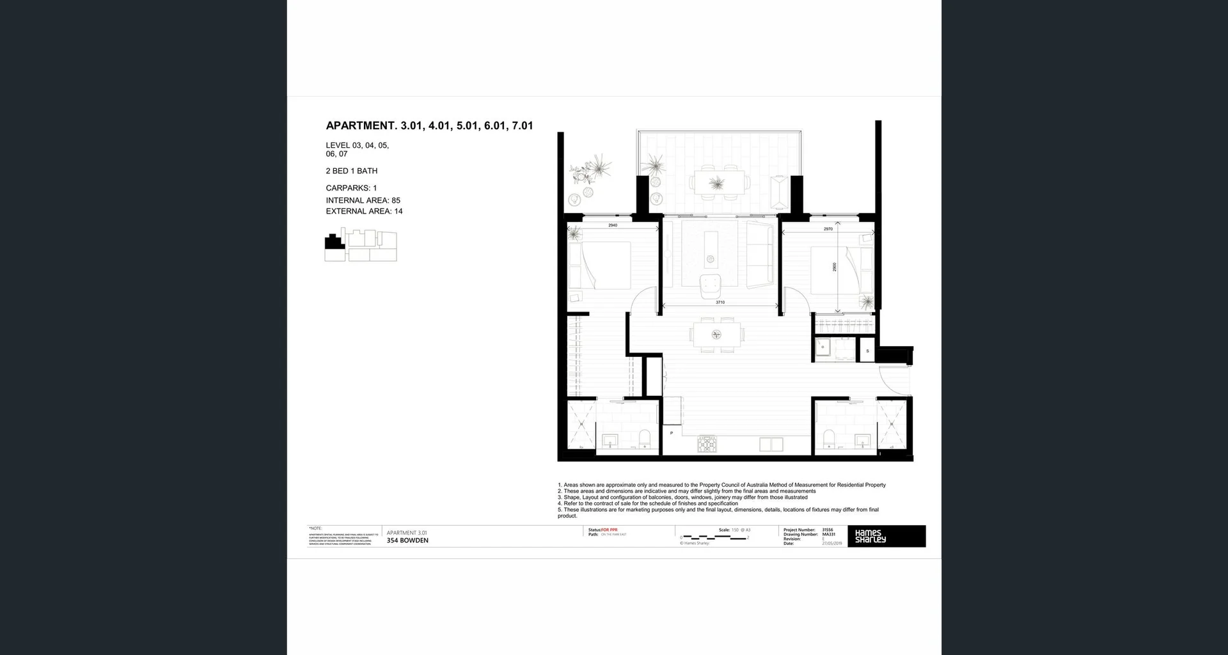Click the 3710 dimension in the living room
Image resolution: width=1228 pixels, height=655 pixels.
coord(720,302)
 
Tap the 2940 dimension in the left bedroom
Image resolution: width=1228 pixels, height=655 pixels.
coord(612,225)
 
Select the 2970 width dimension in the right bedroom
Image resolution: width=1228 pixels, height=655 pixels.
coord(828,229)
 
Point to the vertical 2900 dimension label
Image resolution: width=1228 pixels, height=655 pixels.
coord(834,267)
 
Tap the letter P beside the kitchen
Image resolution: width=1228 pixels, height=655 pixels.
coord(671,433)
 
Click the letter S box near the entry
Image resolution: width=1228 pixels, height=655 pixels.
coord(867,351)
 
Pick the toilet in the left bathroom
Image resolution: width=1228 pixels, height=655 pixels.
coord(644,439)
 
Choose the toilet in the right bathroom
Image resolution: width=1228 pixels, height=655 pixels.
coord(830,438)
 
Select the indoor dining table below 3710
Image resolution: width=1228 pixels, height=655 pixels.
coord(716,335)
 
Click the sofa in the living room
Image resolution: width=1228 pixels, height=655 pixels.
coord(760,255)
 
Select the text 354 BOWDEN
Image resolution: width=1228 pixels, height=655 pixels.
coord(407,541)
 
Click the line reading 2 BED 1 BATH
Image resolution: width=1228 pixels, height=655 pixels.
coord(351,171)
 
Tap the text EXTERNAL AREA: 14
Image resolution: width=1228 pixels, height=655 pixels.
coord(364,211)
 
